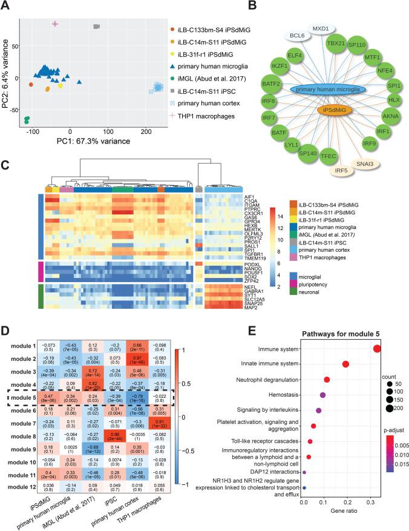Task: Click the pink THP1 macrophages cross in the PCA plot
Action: point(55,24)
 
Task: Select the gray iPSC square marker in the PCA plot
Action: point(96,27)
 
